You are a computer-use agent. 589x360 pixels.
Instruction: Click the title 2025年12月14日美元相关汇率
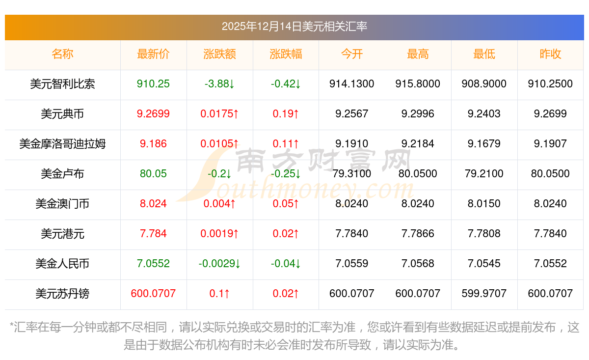[x=294, y=27]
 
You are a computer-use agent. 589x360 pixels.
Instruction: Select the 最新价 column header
[x=153, y=54]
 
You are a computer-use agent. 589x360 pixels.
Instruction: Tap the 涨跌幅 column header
[x=286, y=54]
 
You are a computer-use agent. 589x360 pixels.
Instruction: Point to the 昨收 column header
[x=550, y=54]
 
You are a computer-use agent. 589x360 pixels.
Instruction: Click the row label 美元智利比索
[x=62, y=84]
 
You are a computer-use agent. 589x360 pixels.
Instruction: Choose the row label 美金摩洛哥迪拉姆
[x=62, y=144]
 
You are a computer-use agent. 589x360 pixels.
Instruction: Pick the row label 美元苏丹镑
[x=62, y=294]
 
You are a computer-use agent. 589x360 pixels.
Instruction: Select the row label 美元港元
[x=62, y=234]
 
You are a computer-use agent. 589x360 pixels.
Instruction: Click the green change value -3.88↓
[x=219, y=84]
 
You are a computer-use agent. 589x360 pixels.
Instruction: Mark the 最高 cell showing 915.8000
[x=418, y=84]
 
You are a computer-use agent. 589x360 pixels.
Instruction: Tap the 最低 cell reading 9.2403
[x=484, y=114]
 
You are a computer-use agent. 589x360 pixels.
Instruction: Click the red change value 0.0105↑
[x=219, y=144]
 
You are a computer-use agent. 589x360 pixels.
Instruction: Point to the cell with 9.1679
[x=484, y=144]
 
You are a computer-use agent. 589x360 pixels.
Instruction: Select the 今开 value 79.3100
[x=351, y=174]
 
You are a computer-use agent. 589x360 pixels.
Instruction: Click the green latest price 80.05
[x=153, y=174]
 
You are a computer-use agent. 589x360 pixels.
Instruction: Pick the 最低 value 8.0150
[x=484, y=204]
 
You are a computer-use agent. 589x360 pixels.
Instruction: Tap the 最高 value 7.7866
[x=418, y=234]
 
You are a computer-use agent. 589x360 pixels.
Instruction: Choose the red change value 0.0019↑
[x=219, y=234]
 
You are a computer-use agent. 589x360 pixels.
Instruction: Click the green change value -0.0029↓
[x=219, y=264]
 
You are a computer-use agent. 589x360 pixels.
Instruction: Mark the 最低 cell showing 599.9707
[x=484, y=294]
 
